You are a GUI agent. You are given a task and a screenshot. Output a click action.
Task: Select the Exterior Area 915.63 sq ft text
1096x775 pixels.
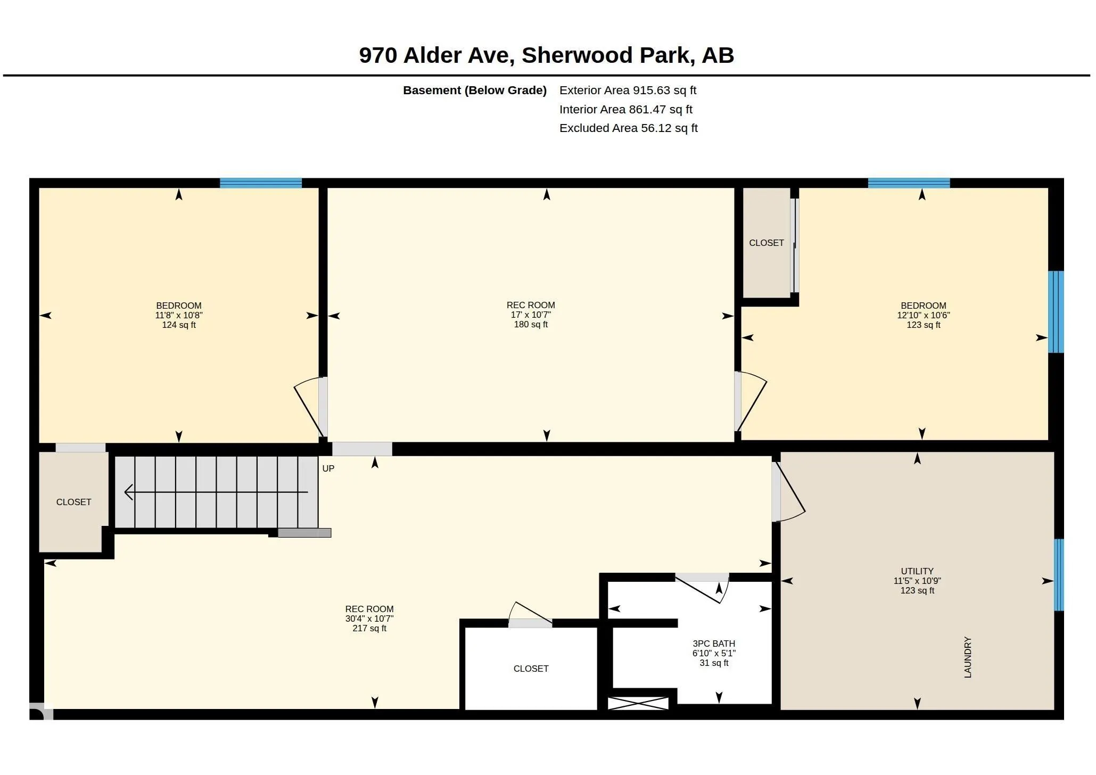coord(628,90)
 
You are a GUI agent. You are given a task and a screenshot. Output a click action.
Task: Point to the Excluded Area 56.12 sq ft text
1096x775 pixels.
coord(628,128)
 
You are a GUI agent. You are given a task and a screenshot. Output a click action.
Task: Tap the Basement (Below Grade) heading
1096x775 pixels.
coord(475,90)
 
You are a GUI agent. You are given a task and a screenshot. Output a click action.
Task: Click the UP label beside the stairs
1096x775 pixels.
coord(328,468)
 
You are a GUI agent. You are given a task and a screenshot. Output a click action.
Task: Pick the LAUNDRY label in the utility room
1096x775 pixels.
coord(968,657)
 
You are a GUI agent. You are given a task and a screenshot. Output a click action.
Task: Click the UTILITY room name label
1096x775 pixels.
coord(917,571)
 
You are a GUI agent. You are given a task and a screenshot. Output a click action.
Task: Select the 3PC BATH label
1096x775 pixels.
coord(714,644)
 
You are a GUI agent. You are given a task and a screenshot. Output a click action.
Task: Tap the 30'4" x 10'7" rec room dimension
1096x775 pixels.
coord(369,619)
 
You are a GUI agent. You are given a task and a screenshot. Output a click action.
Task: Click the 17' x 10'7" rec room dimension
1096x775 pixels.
coord(531,315)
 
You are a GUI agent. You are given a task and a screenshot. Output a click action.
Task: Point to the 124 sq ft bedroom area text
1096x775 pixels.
coord(179,325)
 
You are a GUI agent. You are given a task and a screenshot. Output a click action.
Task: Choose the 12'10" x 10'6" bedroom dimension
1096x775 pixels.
coord(924,315)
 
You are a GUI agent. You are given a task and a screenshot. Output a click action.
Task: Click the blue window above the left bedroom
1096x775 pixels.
coord(261,183)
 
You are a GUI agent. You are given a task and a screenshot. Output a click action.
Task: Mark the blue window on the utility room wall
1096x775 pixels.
coord(1059,575)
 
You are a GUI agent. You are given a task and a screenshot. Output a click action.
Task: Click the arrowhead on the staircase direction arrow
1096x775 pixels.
coord(128,492)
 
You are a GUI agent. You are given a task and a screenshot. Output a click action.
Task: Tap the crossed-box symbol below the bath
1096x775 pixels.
coord(638,703)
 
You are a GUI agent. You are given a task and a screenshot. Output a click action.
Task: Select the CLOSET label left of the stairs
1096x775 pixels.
coord(73,502)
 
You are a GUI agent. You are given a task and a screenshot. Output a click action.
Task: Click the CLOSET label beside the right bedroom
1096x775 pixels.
coord(767,243)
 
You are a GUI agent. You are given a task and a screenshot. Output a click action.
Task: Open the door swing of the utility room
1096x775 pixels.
coord(789,492)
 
